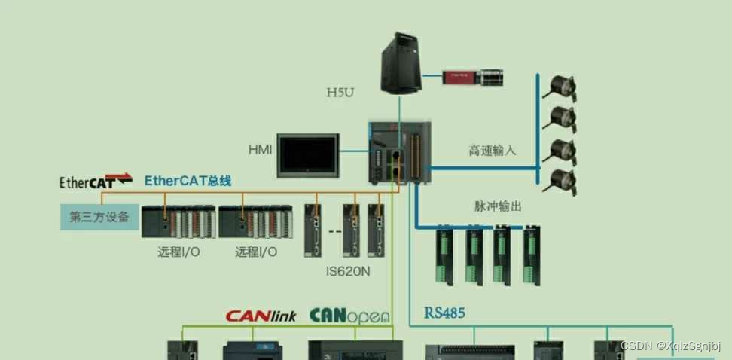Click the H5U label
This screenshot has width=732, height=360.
coord(340,93)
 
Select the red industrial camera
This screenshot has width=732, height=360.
coord(473,77)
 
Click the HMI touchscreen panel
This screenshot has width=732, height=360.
coord(309,154)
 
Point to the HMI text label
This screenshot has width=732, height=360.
coord(260,149)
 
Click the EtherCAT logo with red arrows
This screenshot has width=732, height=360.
coord(96,181)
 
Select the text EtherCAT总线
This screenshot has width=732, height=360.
coord(188,180)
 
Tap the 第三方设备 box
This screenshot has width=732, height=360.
coord(99,218)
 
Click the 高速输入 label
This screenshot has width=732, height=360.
coord(493,150)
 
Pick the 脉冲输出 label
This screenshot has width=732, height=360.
coord(498,206)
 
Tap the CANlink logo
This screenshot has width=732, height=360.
coord(261,316)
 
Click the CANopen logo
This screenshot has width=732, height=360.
coord(349,315)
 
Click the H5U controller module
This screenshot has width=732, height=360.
coord(399,152)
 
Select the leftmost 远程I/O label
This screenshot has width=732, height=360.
coord(178,252)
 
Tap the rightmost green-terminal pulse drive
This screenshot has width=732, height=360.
coord(532,255)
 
